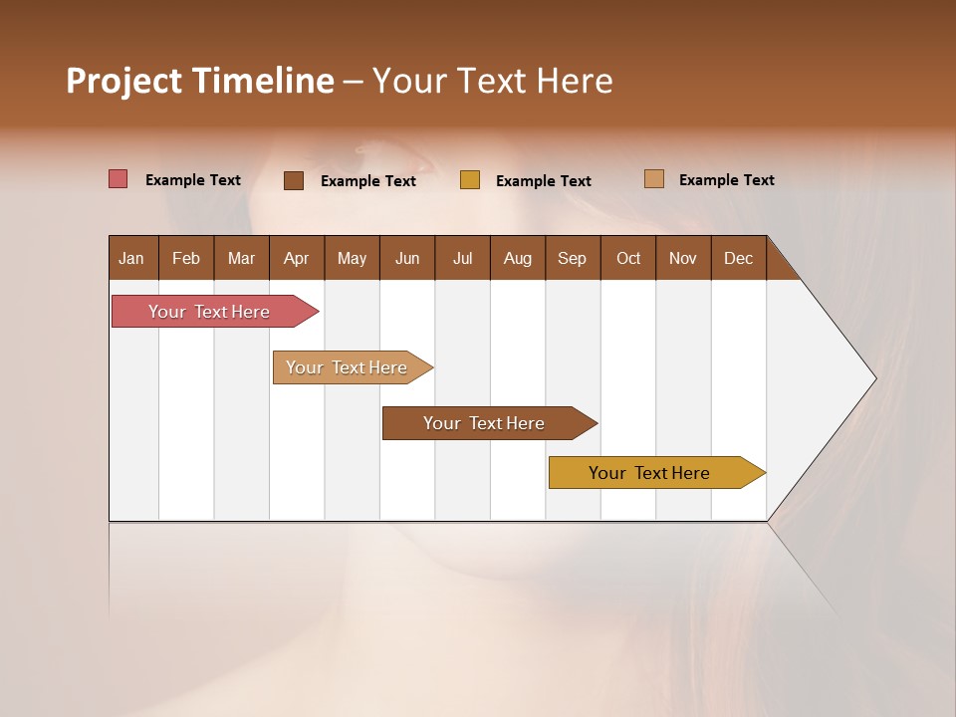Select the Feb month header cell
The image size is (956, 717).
pyautogui.click(x=186, y=258)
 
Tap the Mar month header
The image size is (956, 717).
pyautogui.click(x=241, y=258)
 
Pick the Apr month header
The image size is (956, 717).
pyautogui.click(x=297, y=258)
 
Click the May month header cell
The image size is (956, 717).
pyautogui.click(x=352, y=258)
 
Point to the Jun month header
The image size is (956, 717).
pyautogui.click(x=407, y=258)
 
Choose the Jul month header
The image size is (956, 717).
pyautogui.click(x=462, y=258)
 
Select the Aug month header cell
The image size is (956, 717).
pyautogui.click(x=518, y=258)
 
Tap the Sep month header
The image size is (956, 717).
pyautogui.click(x=573, y=258)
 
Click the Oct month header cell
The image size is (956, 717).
pyautogui.click(x=628, y=258)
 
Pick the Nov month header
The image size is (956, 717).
pyautogui.click(x=683, y=258)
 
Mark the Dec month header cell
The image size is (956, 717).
pyautogui.click(x=739, y=258)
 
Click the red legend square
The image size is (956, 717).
pyautogui.click(x=119, y=179)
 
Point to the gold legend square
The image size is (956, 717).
pyautogui.click(x=470, y=180)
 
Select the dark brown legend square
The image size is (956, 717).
pyautogui.click(x=294, y=180)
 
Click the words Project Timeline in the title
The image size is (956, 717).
pyautogui.click(x=199, y=81)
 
